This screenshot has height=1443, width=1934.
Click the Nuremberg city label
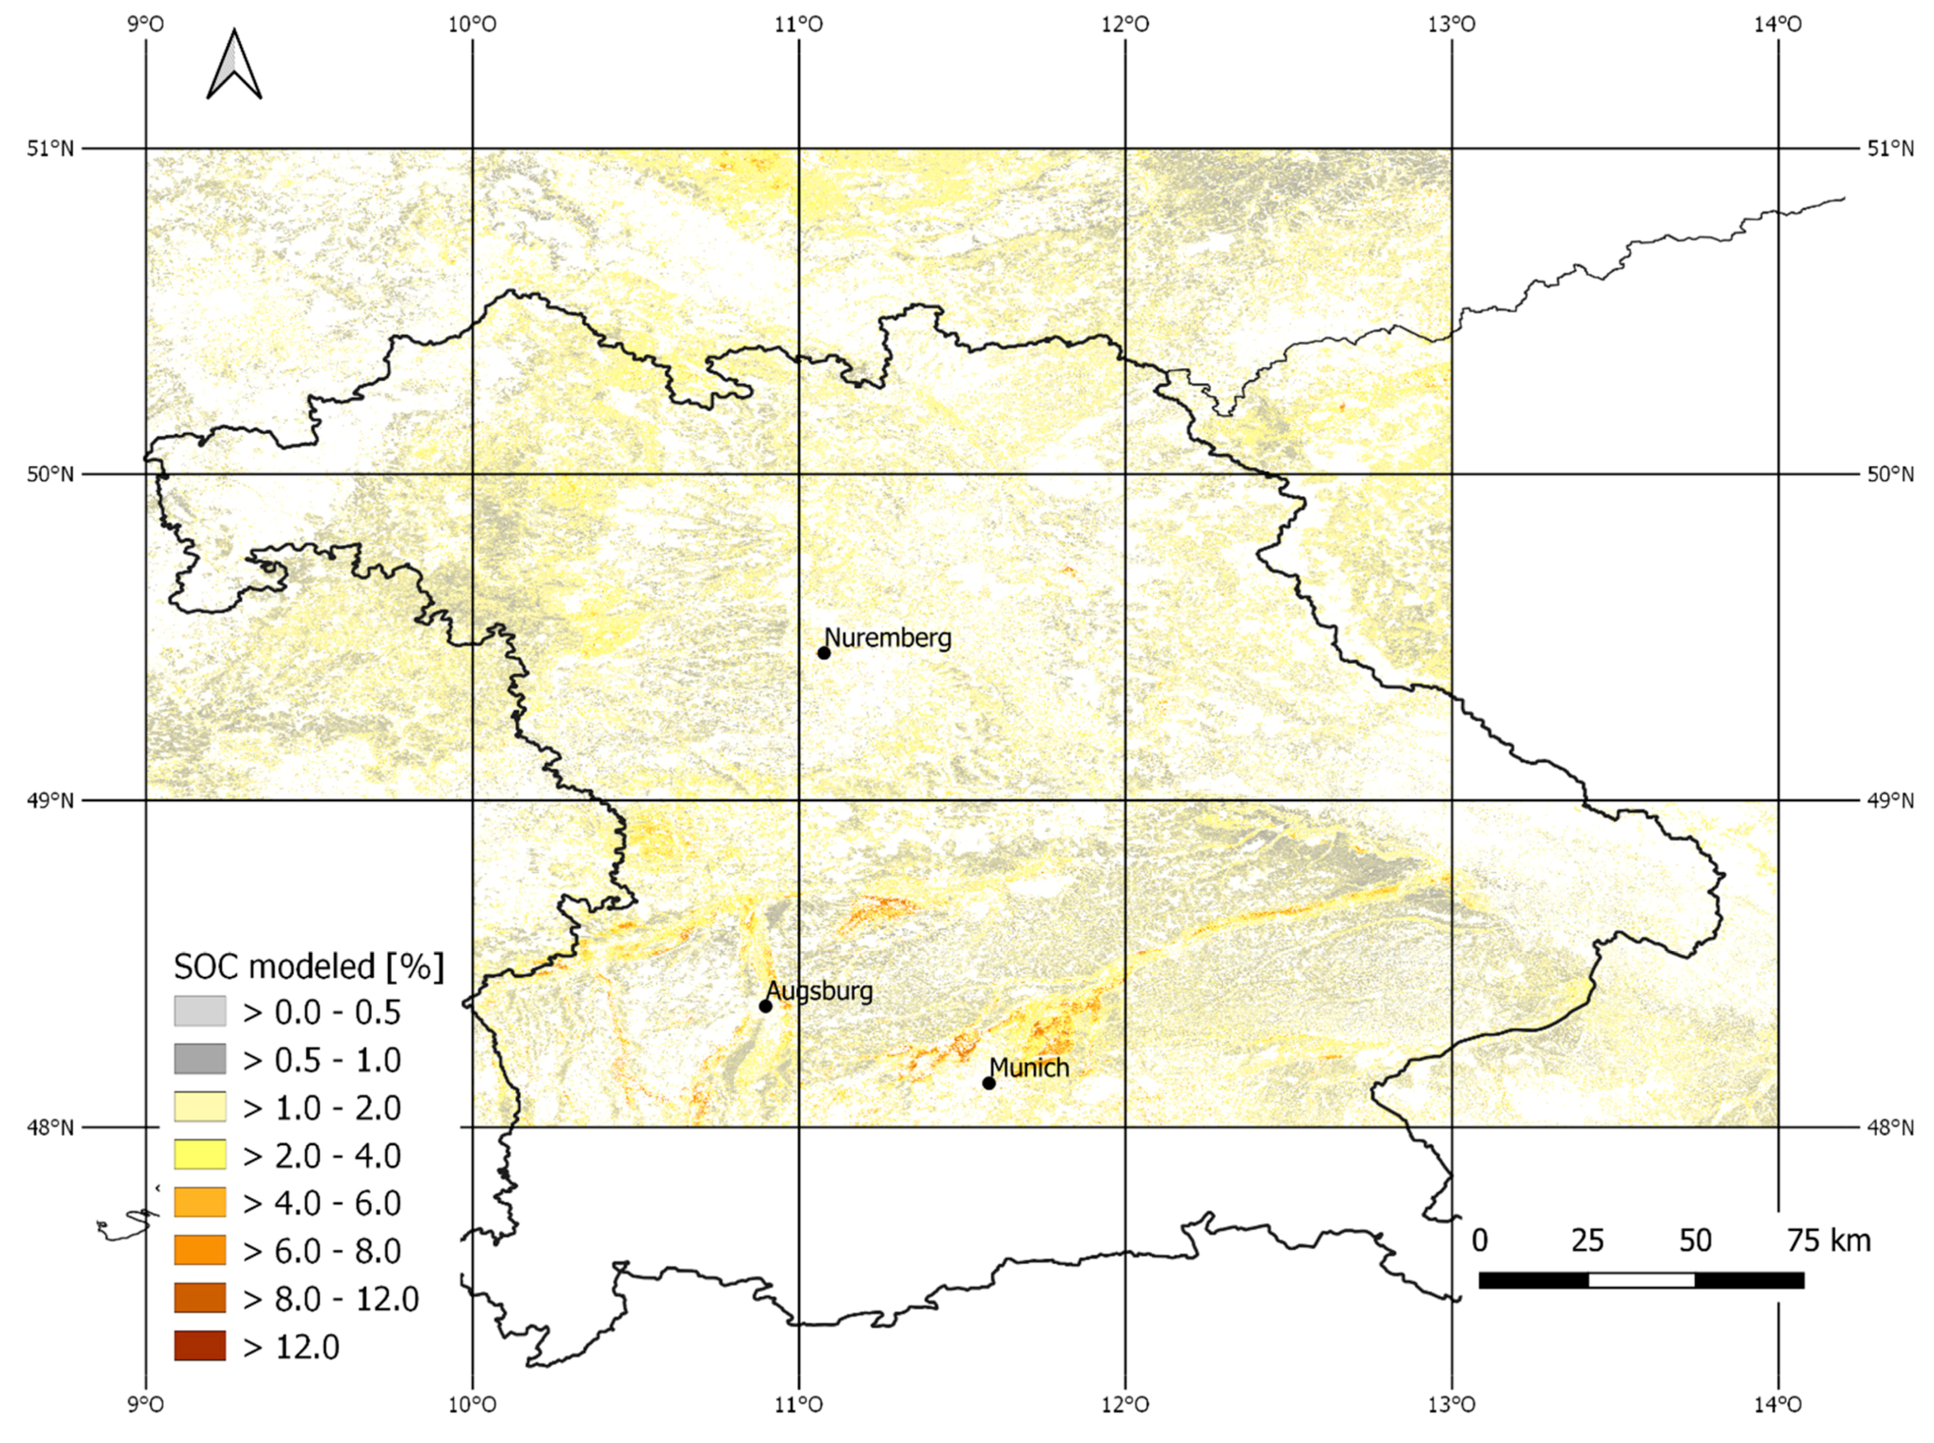coord(888,638)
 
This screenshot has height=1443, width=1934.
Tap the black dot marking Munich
coord(989,1083)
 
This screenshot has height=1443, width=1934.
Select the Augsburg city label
coord(819,991)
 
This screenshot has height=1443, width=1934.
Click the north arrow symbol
coord(234,66)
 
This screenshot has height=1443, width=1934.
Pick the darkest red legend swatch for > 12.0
coord(200,1346)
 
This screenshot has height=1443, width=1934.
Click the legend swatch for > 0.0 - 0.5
coord(200,1011)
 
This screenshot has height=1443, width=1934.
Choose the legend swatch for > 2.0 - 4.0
coord(200,1155)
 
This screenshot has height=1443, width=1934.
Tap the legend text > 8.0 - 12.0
coord(331,1299)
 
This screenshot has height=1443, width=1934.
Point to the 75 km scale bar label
coord(1828,1241)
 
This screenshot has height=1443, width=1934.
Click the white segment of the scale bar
coord(1641,1281)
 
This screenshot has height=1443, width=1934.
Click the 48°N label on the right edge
coord(1890,1128)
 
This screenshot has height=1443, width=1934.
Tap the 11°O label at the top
coord(799,24)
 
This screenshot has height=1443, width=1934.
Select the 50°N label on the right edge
coord(1890,474)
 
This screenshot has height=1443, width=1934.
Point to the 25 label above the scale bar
coord(1587,1241)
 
